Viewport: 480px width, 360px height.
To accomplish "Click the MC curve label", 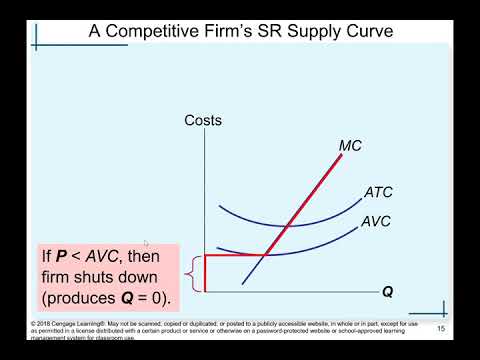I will [x=350, y=146].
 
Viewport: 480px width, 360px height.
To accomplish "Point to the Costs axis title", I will [x=203, y=121].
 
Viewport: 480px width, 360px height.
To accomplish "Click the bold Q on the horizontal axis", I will [x=387, y=293].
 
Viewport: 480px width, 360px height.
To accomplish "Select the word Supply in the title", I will [x=307, y=30].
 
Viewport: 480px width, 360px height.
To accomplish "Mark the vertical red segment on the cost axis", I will [x=204, y=273].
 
